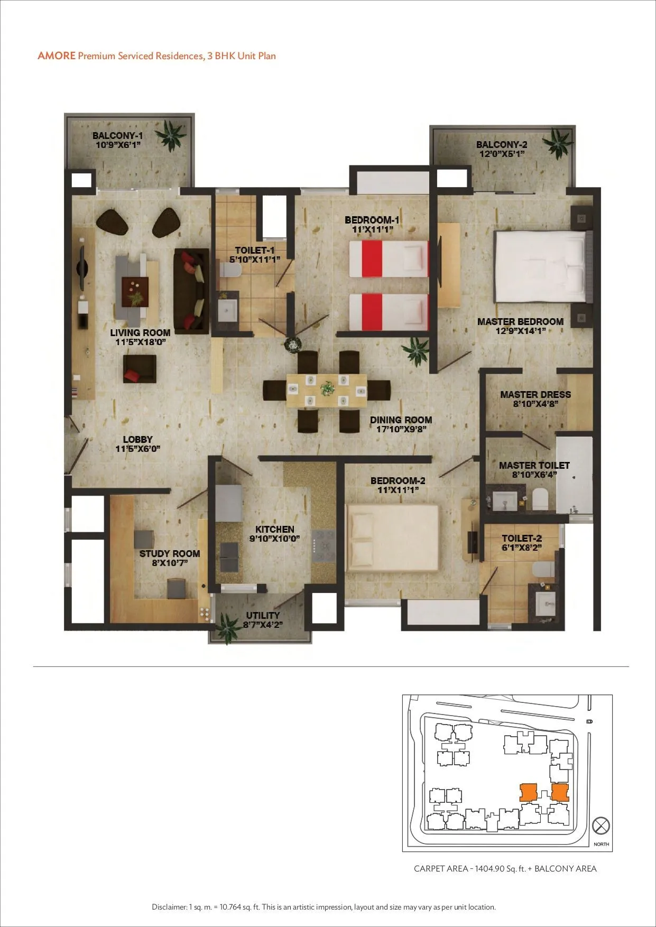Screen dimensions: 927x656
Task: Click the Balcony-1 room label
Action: pyautogui.click(x=117, y=136)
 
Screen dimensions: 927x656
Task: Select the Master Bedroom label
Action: pyautogui.click(x=520, y=321)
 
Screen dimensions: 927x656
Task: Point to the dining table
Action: pyautogui.click(x=326, y=390)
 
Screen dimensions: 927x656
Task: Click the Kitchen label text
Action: pyautogui.click(x=274, y=529)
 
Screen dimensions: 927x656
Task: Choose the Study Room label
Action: pyautogui.click(x=170, y=553)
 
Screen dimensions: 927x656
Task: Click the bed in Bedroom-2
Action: pyautogui.click(x=392, y=538)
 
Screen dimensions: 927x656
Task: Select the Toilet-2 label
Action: pyautogui.click(x=522, y=539)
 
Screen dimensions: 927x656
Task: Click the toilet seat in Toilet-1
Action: pyautogui.click(x=230, y=270)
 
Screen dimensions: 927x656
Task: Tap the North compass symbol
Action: pyautogui.click(x=601, y=825)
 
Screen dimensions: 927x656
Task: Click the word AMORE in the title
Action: pyautogui.click(x=57, y=56)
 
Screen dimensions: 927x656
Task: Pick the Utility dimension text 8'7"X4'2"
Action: pyautogui.click(x=263, y=625)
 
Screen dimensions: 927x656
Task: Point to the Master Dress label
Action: pyautogui.click(x=535, y=394)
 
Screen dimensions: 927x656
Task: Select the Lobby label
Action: pyautogui.click(x=137, y=439)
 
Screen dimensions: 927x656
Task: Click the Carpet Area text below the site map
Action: pyautogui.click(x=505, y=868)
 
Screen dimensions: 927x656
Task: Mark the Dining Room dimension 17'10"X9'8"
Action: pyautogui.click(x=401, y=429)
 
